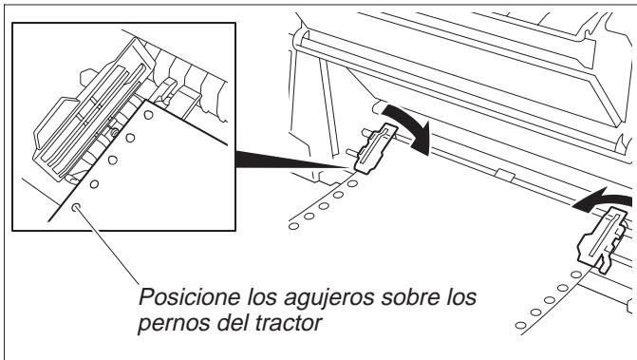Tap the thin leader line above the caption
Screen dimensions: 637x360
pyautogui.click(x=108, y=246)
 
